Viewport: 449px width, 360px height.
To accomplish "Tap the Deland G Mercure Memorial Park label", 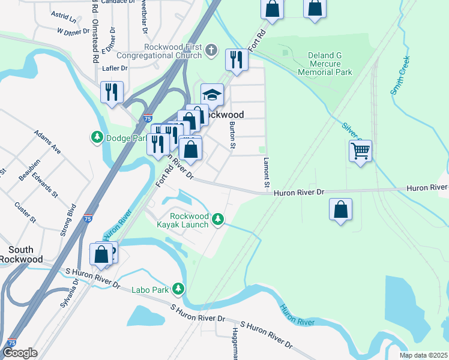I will coord(325,64).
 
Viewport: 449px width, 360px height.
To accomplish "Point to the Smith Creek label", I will coord(400,76).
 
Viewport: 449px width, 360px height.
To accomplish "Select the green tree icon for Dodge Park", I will coord(97,137).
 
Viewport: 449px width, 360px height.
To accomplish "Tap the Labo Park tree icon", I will coord(178,289).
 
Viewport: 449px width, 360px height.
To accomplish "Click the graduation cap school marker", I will coord(212,94).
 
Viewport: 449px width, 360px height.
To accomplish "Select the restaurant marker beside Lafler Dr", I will coord(112,92).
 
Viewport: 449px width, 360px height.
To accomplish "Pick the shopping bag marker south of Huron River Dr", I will coord(340,209).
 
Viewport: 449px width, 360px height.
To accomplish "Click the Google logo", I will coord(20,353).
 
